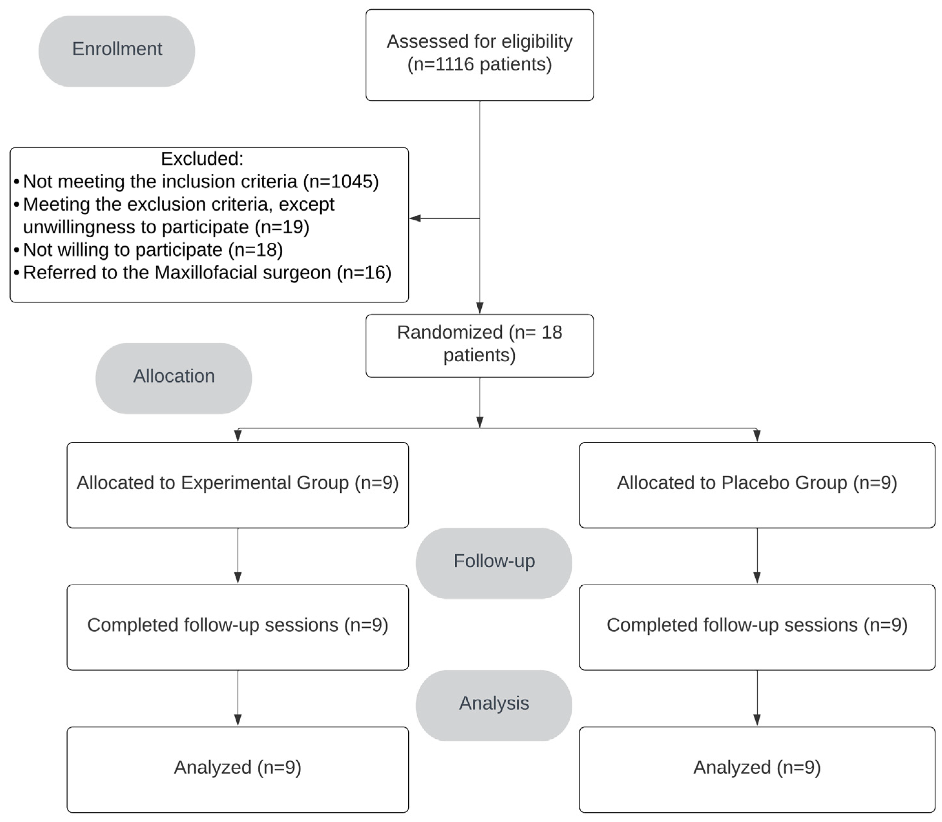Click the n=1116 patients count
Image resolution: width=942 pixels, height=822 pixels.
point(480,65)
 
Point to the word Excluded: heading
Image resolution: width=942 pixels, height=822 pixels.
point(202,159)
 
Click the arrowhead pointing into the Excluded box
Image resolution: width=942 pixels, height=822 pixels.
point(415,218)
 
